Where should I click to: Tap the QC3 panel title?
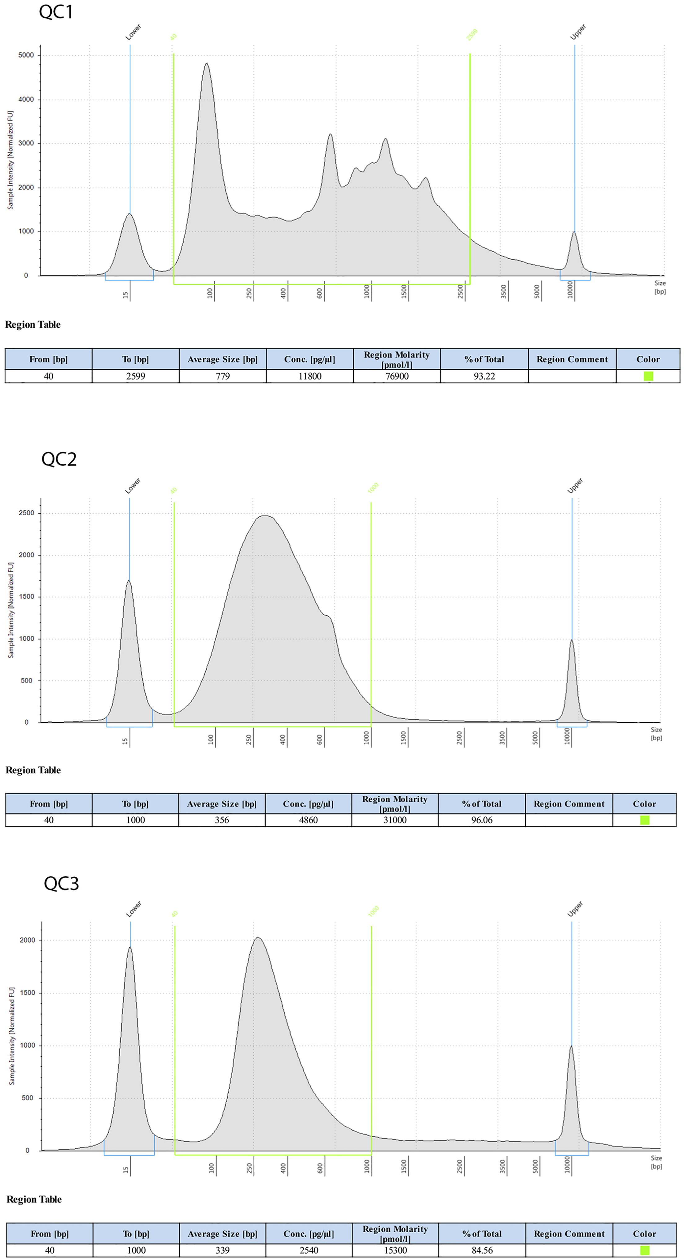pyautogui.click(x=61, y=883)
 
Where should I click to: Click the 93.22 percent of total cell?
pyautogui.click(x=484, y=376)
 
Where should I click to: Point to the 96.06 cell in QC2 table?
pyautogui.click(x=482, y=820)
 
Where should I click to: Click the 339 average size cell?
pyautogui.click(x=222, y=1250)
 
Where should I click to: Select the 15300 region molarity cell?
pyautogui.click(x=395, y=1250)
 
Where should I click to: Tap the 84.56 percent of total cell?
pyautogui.click(x=482, y=1250)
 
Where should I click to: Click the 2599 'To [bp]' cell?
pyautogui.click(x=135, y=376)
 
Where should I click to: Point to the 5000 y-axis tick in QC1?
pyautogui.click(x=26, y=55)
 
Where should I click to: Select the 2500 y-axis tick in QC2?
pyautogui.click(x=26, y=513)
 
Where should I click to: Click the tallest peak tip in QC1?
pyautogui.click(x=206, y=64)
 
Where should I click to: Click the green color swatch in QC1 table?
pyautogui.click(x=648, y=376)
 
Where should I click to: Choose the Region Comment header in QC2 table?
pyautogui.click(x=569, y=804)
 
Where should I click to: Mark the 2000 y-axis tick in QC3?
pyautogui.click(x=27, y=940)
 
